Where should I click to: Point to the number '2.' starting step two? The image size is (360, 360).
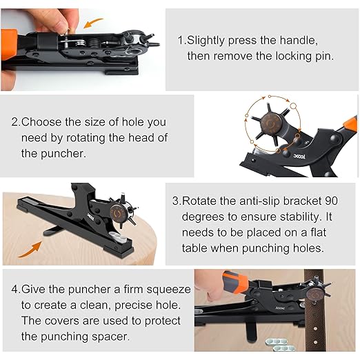tap(16, 122)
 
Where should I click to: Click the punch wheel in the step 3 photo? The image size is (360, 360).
tap(121, 212)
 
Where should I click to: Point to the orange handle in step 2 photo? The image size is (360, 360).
tap(349, 126)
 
